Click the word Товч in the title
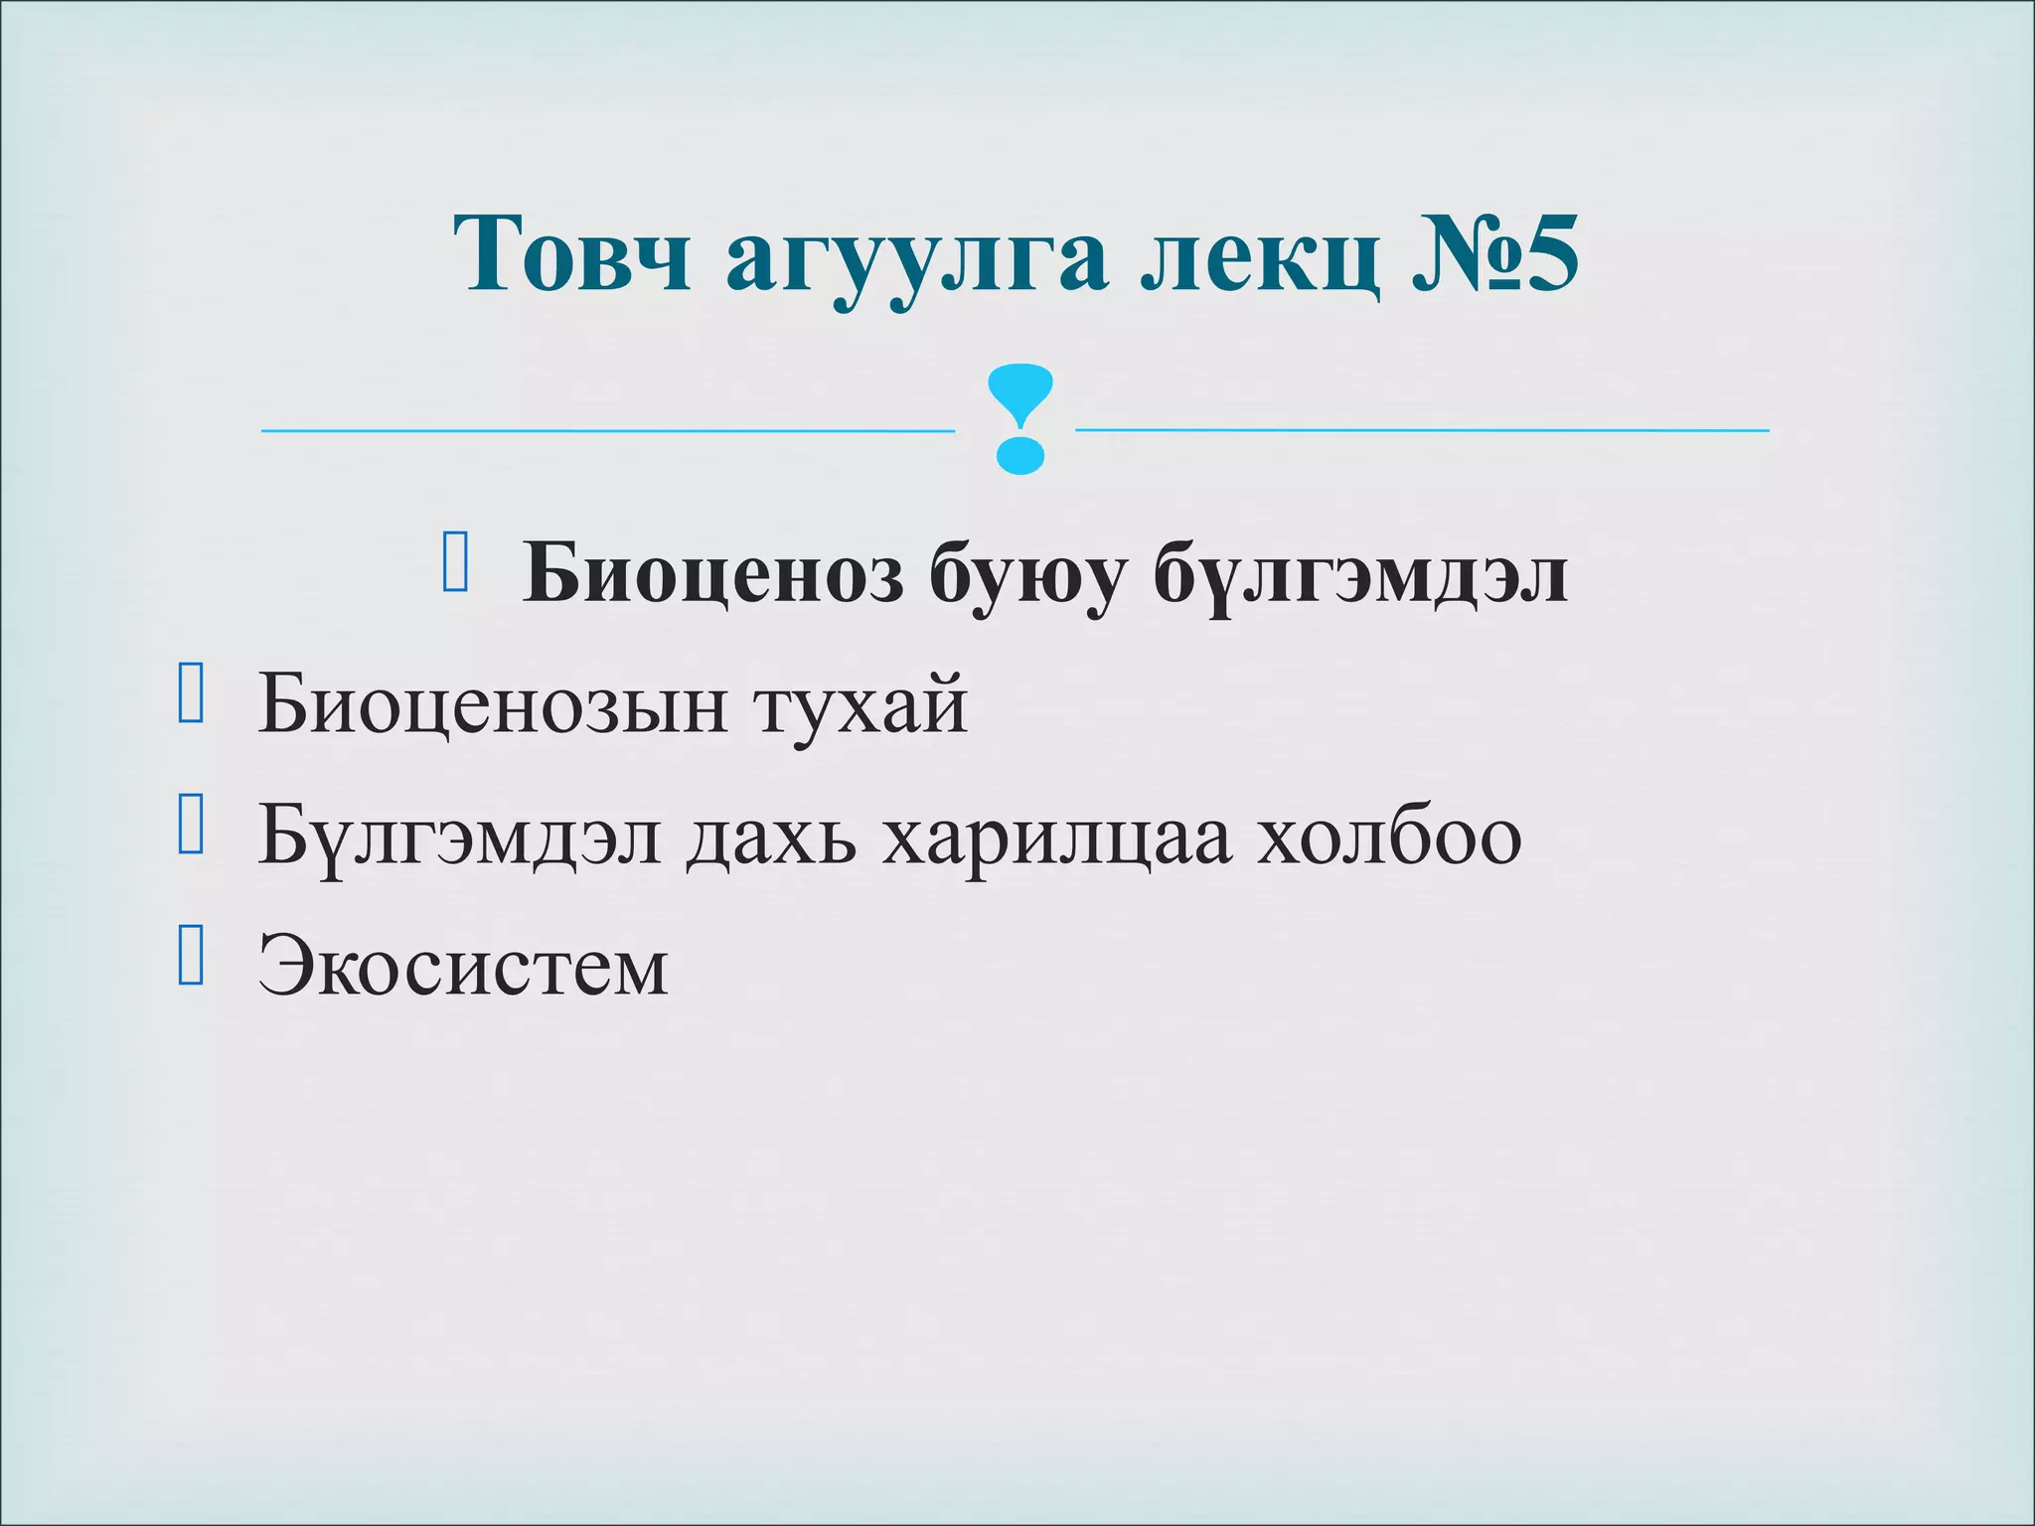572,254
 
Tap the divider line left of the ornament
606,431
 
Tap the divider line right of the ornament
1421,430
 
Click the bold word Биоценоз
713,574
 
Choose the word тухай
861,705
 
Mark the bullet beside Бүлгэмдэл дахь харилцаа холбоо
191,825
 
